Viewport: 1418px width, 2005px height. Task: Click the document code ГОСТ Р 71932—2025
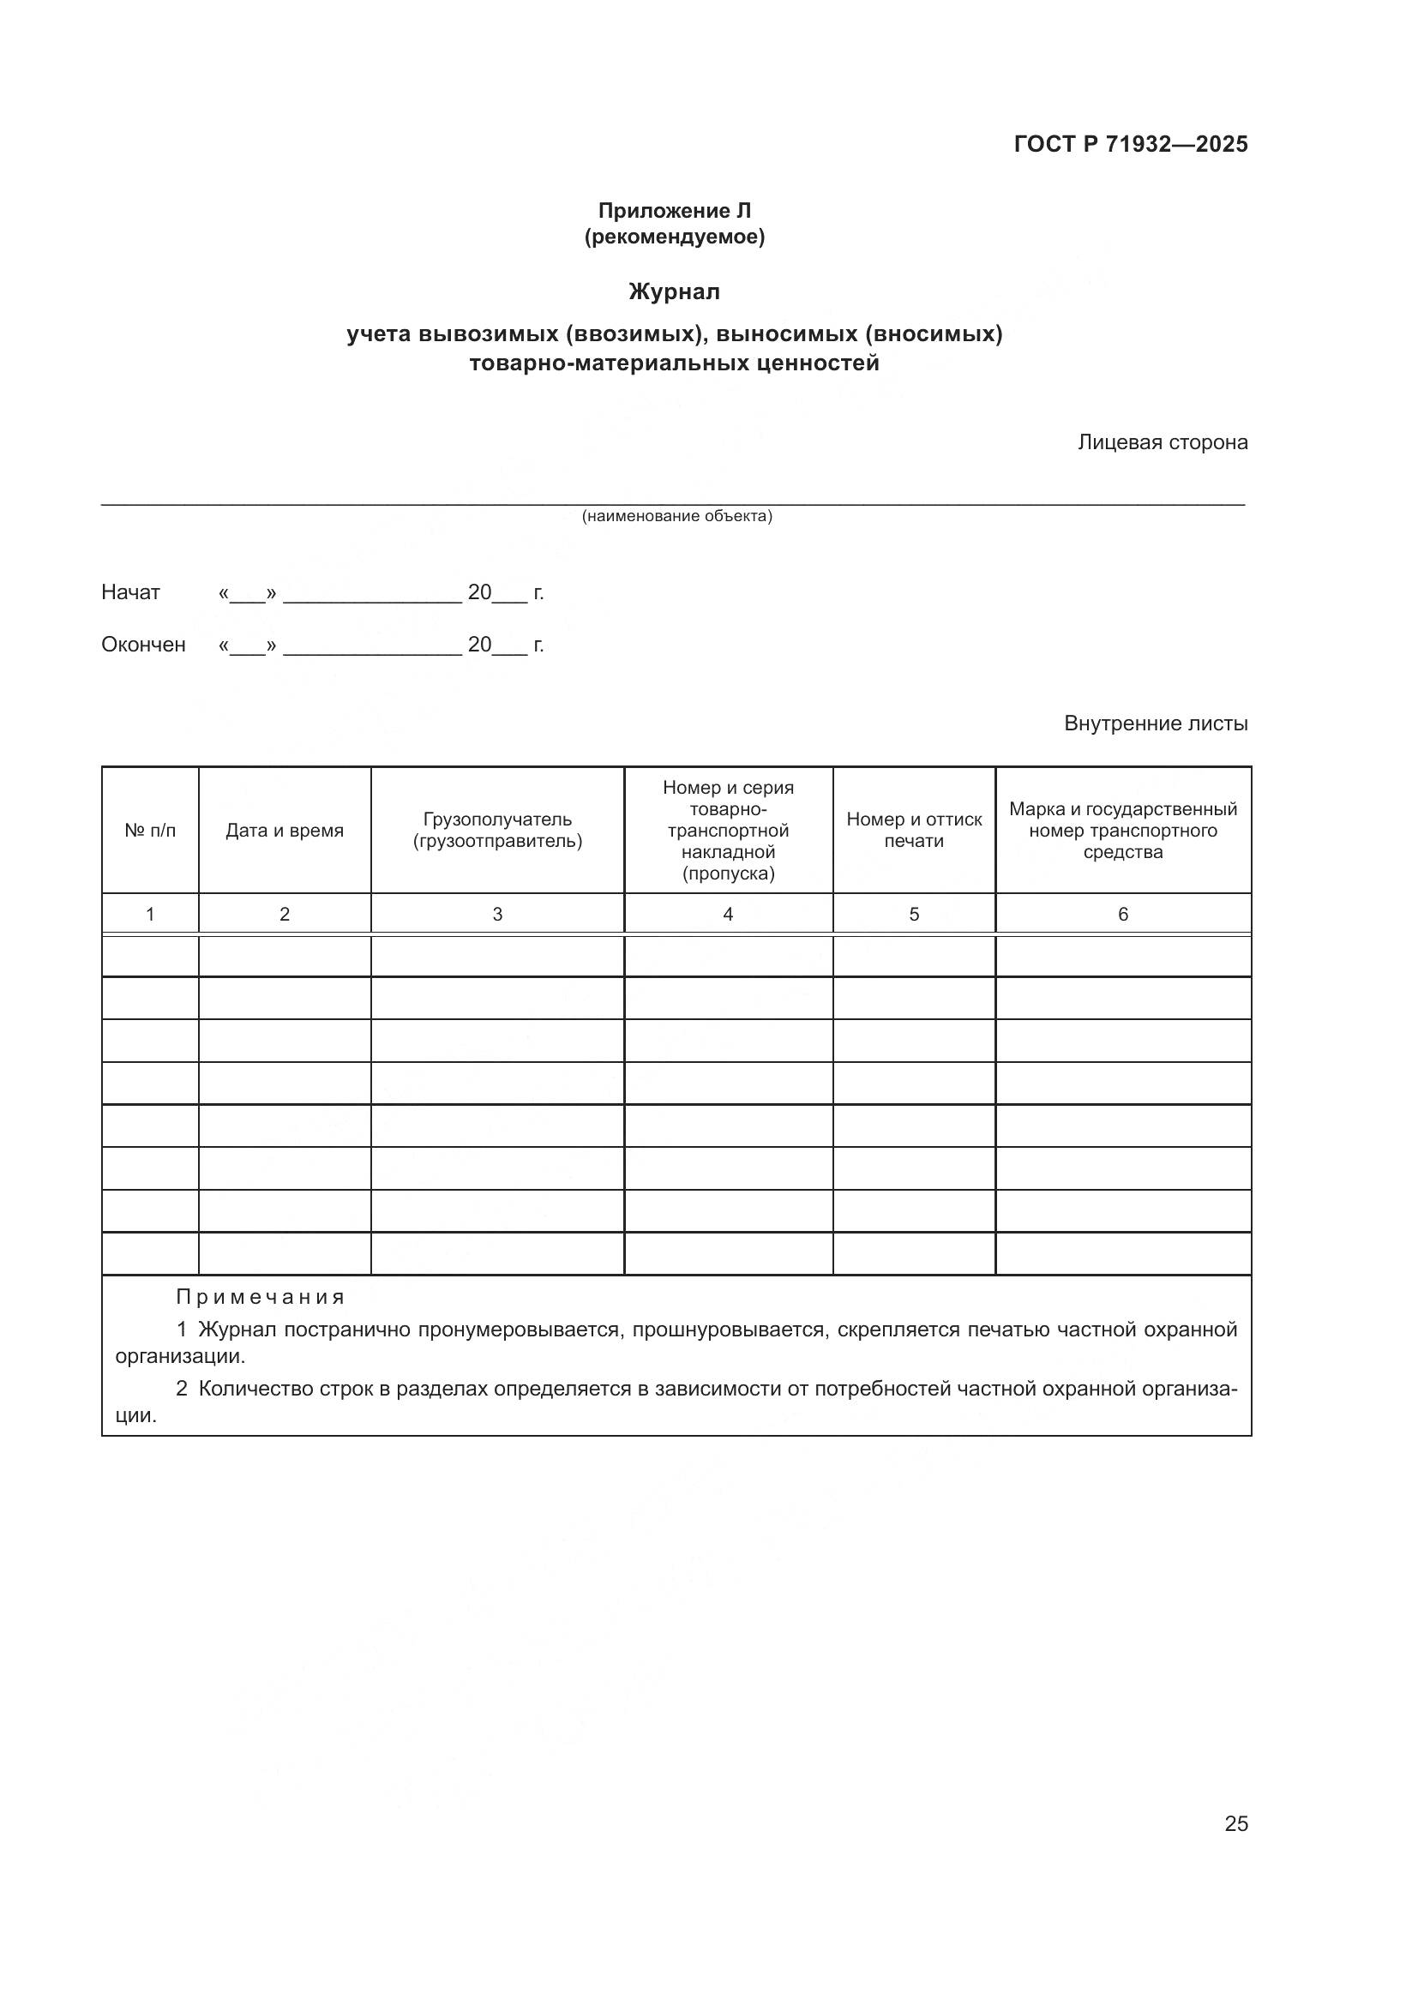[x=1130, y=144]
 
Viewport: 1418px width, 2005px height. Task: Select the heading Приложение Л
[x=674, y=211]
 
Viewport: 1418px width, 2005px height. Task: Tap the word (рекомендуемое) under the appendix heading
[x=674, y=237]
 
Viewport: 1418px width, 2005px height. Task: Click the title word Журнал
[x=674, y=291]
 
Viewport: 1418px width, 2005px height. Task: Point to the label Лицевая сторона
[x=1163, y=442]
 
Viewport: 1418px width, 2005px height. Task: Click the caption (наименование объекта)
[x=676, y=516]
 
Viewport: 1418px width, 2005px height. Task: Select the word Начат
[x=131, y=592]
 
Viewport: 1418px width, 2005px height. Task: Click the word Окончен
[x=143, y=645]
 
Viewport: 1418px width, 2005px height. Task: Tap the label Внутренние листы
[x=1155, y=723]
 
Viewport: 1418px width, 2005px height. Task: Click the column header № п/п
[x=150, y=831]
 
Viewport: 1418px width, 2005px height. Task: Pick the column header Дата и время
[x=285, y=831]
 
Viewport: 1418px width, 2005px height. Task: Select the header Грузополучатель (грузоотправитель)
[x=498, y=831]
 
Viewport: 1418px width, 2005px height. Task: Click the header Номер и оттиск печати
[x=914, y=831]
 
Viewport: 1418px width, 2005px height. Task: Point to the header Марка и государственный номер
[x=1123, y=831]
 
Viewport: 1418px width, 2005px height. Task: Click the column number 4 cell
[x=728, y=915]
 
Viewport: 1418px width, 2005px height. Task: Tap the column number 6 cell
[x=1123, y=915]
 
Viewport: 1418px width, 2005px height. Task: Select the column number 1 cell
[x=150, y=915]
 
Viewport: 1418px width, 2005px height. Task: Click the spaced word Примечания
[x=261, y=1298]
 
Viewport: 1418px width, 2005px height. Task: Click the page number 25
[x=1235, y=1823]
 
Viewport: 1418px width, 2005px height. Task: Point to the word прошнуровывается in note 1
[x=730, y=1330]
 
